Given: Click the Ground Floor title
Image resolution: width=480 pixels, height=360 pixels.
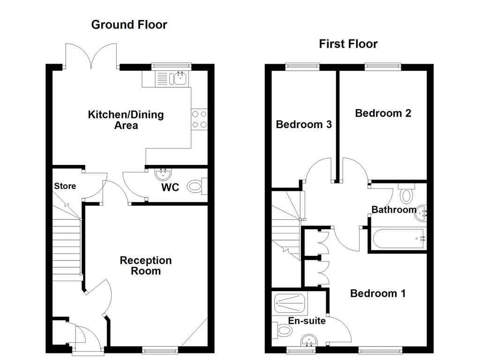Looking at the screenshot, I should coord(129,25).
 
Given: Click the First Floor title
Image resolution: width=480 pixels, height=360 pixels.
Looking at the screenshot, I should coord(348,44).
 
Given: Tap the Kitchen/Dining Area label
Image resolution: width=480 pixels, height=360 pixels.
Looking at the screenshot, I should coord(126,120).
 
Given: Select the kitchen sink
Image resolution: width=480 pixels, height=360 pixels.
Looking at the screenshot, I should coord(179,78).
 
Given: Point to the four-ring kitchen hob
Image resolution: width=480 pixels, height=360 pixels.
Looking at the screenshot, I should coord(199,119).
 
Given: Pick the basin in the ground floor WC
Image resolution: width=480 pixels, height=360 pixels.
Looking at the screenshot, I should coord(163,175).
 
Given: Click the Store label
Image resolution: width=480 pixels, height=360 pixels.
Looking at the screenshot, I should coord(65,186).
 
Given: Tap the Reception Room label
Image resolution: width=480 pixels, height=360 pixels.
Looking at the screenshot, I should coord(146,265).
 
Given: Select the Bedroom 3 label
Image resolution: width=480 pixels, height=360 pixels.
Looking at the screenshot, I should coord(304,124).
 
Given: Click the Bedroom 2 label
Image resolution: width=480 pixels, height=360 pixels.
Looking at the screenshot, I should coord(383,113).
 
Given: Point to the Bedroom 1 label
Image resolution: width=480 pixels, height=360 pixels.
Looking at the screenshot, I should coord(378,293).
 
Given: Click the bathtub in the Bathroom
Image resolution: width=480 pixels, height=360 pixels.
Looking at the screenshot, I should coord(398,239).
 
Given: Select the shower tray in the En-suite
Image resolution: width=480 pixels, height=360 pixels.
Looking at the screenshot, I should coord(289,304).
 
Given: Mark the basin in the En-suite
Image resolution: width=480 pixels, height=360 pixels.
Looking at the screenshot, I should coord(308,341).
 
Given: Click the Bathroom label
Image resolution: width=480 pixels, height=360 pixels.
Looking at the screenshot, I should coord(394,210).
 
